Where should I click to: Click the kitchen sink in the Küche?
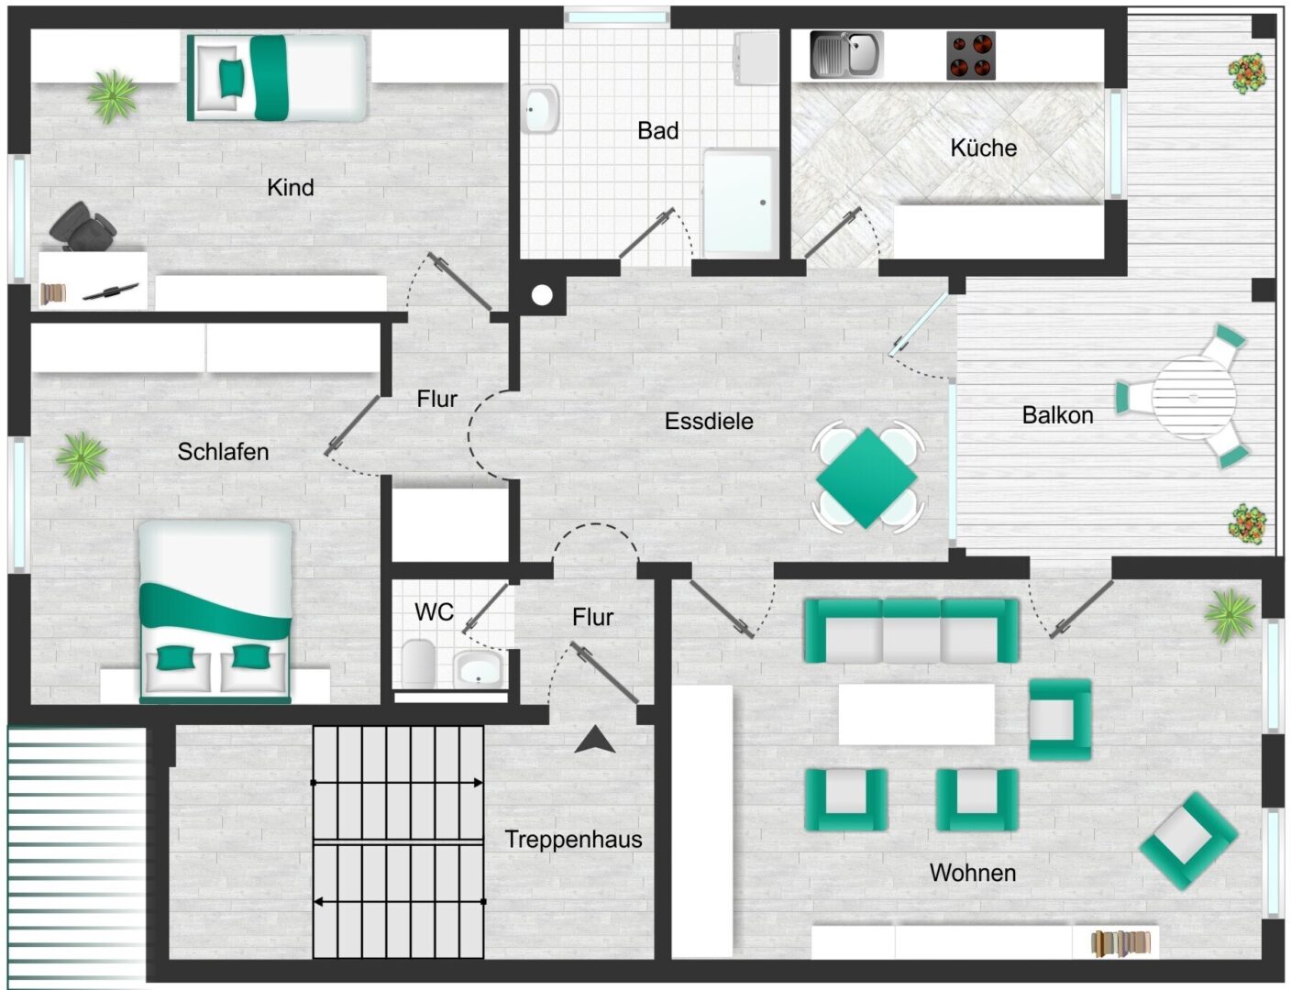[846, 55]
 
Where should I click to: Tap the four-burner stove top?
[971, 55]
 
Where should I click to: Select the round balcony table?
[1194, 397]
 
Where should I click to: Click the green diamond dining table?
[866, 478]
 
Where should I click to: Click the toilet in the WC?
[418, 663]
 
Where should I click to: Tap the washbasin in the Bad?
[540, 109]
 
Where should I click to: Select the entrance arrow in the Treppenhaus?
[595, 740]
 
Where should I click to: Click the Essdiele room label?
[709, 421]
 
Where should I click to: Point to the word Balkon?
[1057, 415]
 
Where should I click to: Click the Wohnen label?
[973, 873]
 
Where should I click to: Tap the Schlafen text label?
[223, 452]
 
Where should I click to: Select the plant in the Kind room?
[112, 96]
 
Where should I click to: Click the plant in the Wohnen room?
[1230, 616]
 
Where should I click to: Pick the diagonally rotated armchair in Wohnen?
[1189, 841]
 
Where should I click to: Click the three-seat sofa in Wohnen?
[911, 631]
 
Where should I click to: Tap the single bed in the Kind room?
[277, 78]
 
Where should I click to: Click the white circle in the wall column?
[542, 295]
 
